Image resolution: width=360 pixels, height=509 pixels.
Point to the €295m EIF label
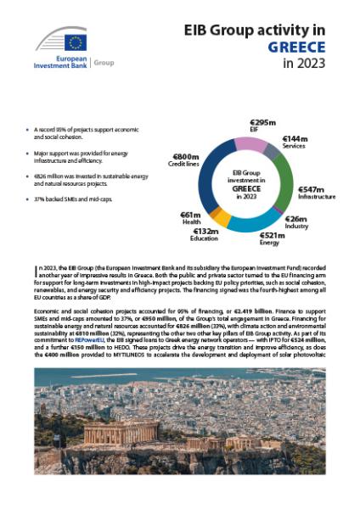(x=263, y=127)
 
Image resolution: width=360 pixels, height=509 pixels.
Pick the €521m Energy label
(x=269, y=238)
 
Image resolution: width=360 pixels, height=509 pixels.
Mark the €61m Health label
(x=192, y=219)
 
